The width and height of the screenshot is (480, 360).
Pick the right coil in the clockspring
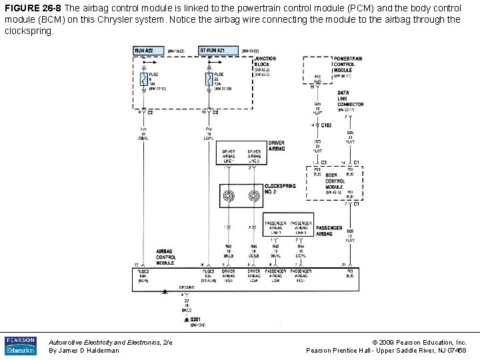pyautogui.click(x=253, y=196)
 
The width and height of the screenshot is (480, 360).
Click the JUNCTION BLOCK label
pyautogui.click(x=265, y=61)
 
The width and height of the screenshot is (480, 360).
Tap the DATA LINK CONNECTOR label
pyautogui.click(x=350, y=99)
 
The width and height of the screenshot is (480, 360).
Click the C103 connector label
pyautogui.click(x=327, y=125)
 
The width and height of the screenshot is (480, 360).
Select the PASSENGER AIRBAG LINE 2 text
pyautogui.click(x=301, y=227)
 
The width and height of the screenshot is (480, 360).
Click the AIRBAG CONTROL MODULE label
pyautogui.click(x=166, y=256)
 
